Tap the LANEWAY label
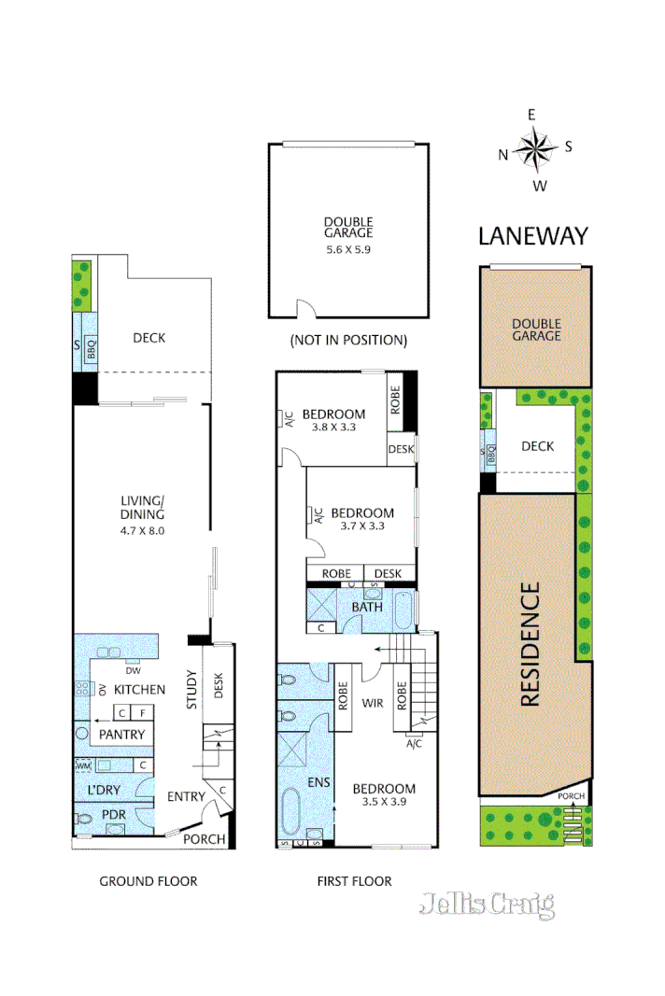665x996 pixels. pos(533,235)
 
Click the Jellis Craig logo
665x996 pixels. pos(487,904)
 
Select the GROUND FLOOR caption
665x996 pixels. pos(149,880)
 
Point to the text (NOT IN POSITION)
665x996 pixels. pos(348,340)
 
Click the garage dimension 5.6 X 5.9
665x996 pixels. pos(348,249)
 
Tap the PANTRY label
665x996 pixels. pos(122,735)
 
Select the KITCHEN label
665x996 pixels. pos(141,690)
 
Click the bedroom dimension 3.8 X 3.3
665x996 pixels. pos(333,428)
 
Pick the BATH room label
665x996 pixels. pos(367,608)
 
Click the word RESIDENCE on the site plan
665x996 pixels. pos(530,644)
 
